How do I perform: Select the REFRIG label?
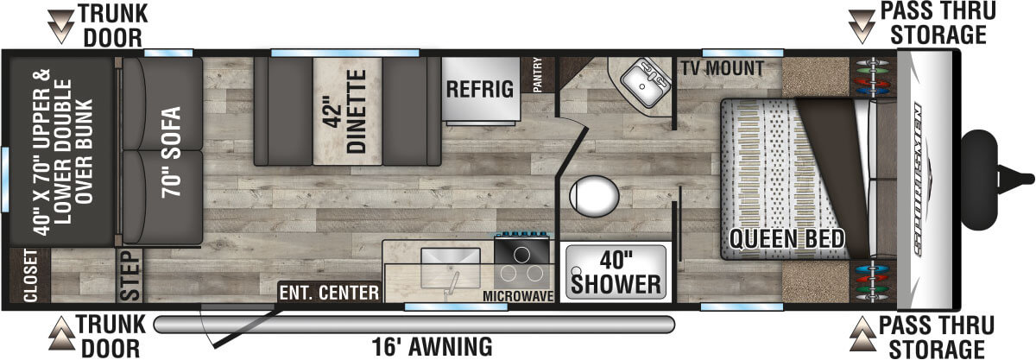click(480, 88)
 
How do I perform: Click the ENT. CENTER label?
click(329, 294)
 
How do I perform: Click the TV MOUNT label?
click(721, 67)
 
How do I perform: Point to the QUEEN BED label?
click(786, 237)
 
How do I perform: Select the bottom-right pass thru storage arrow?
click(863, 328)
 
